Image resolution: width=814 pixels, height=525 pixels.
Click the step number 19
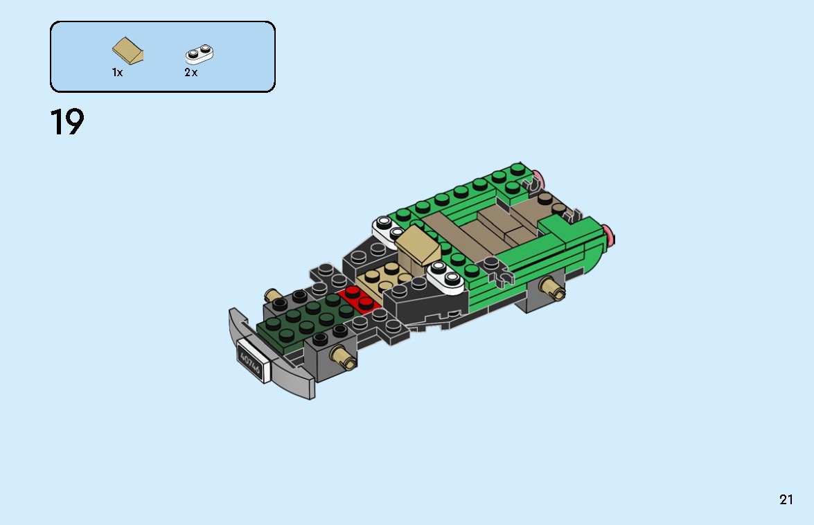[67, 123]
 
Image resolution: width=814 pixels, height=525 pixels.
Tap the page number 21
[786, 499]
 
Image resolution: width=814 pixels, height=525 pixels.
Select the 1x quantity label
[118, 73]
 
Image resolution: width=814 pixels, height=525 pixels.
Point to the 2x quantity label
[191, 73]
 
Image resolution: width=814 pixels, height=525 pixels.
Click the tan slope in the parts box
[128, 51]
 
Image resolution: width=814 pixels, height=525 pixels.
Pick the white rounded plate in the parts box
[200, 53]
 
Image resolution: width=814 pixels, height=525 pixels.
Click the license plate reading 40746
[250, 361]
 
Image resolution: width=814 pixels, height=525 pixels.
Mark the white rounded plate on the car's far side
[387, 226]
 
